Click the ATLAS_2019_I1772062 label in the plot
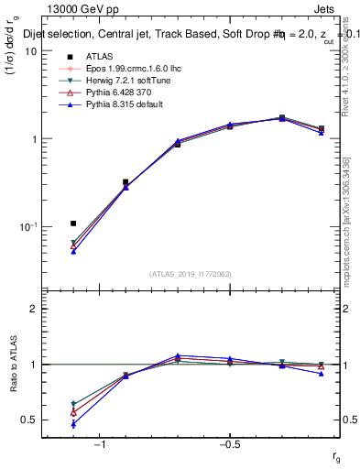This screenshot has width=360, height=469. [x=191, y=274]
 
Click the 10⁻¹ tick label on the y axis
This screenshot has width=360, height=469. [x=27, y=226]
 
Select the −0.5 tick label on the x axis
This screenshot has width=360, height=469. [x=229, y=444]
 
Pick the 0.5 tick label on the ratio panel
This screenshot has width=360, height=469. [x=27, y=420]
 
